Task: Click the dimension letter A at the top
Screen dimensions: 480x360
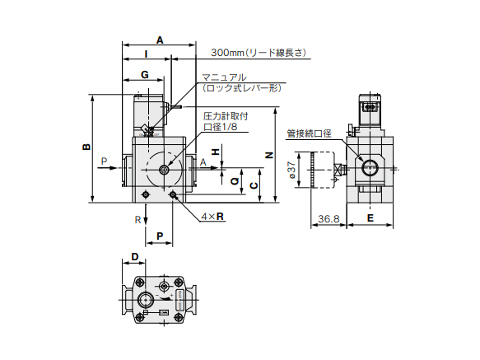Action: coord(160,40)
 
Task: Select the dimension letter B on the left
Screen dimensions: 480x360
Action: coord(86,147)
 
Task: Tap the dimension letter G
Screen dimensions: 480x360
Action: coord(145,74)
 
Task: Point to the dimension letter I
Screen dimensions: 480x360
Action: coord(147,54)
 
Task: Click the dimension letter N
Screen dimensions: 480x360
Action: coord(268,155)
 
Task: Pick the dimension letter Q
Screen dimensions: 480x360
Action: coord(235,181)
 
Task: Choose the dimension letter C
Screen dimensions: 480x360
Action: coord(254,185)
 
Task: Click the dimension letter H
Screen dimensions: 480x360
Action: coord(216,152)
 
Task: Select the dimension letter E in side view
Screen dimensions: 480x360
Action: coord(370,217)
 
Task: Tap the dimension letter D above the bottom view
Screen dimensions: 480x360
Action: coord(135,257)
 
